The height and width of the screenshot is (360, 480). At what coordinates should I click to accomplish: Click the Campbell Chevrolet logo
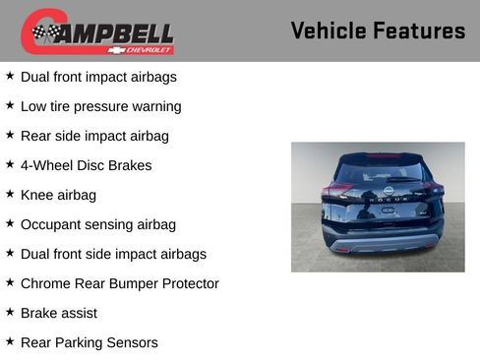97,31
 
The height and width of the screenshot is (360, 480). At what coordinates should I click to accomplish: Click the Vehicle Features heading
378,30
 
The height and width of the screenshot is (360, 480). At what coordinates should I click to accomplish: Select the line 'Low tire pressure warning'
100,106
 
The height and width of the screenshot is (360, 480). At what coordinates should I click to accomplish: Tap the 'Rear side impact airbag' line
94,136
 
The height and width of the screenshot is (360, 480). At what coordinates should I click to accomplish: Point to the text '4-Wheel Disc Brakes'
86,165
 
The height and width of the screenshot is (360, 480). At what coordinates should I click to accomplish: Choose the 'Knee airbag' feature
58,195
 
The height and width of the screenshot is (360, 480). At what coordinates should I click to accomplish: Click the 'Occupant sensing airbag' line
97,224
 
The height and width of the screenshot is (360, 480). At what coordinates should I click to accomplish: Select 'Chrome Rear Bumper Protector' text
119,283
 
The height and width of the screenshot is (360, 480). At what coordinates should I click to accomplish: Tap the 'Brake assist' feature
58,313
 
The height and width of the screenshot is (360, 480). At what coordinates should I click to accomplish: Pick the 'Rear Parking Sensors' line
89,342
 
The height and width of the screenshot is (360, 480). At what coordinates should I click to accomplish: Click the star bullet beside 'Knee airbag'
10,194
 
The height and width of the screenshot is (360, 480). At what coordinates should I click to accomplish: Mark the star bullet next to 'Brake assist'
10,312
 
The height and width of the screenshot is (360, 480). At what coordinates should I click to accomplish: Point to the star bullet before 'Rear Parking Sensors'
10,341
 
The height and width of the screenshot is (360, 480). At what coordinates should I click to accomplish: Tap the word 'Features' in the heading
419,30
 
